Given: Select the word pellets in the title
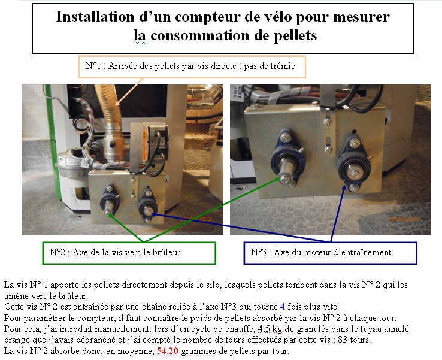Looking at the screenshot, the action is click(296, 36).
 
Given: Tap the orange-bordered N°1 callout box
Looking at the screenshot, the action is click(192, 67).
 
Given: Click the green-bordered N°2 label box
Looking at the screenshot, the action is click(129, 253).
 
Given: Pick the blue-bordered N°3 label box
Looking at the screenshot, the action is click(330, 253).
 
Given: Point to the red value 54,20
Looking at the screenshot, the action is click(168, 351).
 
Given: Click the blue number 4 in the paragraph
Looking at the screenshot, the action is click(283, 307).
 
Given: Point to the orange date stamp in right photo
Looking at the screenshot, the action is click(404, 219).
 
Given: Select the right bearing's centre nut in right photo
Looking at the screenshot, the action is click(355, 173).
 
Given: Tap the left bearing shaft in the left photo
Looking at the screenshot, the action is click(107, 207).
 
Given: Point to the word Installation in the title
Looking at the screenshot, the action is click(95, 17).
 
